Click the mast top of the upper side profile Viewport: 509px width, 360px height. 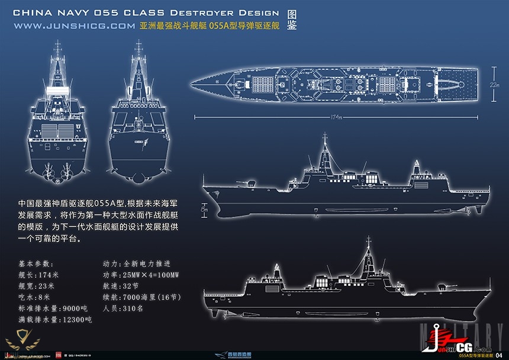(324, 137)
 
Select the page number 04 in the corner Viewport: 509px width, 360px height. (498, 355)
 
